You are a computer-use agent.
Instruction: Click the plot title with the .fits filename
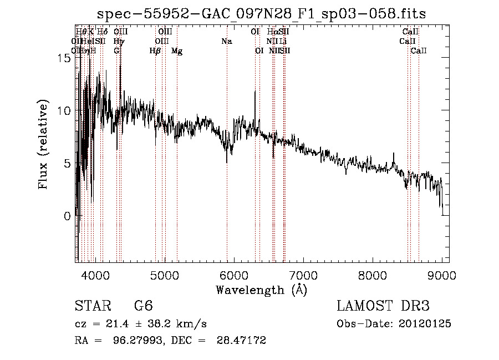[x=262, y=14]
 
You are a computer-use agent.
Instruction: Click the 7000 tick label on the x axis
[x=303, y=274]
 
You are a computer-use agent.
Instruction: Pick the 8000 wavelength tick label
[x=373, y=274]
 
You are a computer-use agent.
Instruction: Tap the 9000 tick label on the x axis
[x=442, y=274]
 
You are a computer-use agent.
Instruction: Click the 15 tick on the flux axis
[x=64, y=58]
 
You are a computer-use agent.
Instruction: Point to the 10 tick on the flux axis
[x=64, y=110]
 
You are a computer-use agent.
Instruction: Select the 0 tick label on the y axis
[x=68, y=216]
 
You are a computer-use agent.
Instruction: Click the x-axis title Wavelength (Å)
[x=261, y=290]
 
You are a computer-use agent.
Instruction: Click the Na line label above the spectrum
[x=226, y=42]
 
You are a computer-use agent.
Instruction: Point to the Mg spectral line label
[x=177, y=51]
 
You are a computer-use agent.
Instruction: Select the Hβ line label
[x=155, y=51]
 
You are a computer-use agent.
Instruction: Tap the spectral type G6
[x=143, y=306]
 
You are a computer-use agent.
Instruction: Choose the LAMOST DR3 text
[x=383, y=306]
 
